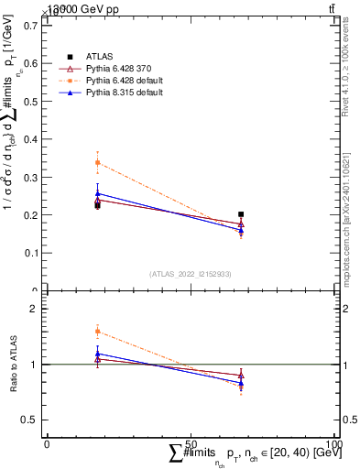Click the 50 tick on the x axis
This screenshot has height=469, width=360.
[x=191, y=443]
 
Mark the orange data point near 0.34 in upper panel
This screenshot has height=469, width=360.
[x=97, y=163]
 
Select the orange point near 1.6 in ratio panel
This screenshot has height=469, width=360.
[x=97, y=332]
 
